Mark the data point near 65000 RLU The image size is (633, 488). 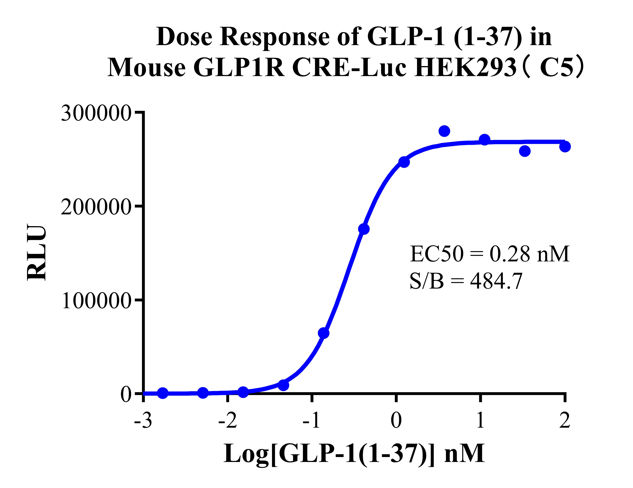323,333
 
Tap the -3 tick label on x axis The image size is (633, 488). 143,420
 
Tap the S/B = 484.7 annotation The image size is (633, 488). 466,281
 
